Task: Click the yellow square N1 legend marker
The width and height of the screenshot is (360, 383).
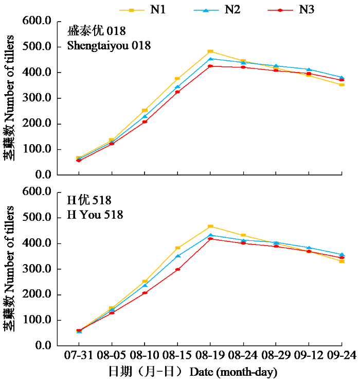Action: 132,10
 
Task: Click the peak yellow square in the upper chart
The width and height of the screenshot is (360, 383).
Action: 210,51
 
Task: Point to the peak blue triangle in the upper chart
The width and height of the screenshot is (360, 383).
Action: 210,59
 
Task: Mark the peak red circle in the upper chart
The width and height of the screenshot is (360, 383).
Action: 210,66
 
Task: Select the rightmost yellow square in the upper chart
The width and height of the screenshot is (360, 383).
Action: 342,84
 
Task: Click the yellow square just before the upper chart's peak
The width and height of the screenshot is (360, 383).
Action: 177,79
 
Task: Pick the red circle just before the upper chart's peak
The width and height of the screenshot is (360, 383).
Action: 177,92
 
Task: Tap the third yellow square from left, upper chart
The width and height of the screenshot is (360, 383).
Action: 145,110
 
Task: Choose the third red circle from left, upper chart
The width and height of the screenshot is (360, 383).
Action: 145,121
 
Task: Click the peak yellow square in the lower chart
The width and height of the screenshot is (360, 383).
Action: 210,227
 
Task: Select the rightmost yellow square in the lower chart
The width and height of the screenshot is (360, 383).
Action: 342,261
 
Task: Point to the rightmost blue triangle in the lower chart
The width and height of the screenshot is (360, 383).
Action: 342,254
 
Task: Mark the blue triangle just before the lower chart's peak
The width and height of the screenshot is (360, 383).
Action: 177,255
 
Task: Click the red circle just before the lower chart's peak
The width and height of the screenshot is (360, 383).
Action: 177,269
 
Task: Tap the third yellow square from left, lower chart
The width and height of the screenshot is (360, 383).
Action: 145,282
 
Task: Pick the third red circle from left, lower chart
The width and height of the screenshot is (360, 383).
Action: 145,293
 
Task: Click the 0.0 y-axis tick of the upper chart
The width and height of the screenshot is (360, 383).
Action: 43,175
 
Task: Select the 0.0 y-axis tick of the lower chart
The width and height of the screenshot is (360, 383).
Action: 43,345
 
